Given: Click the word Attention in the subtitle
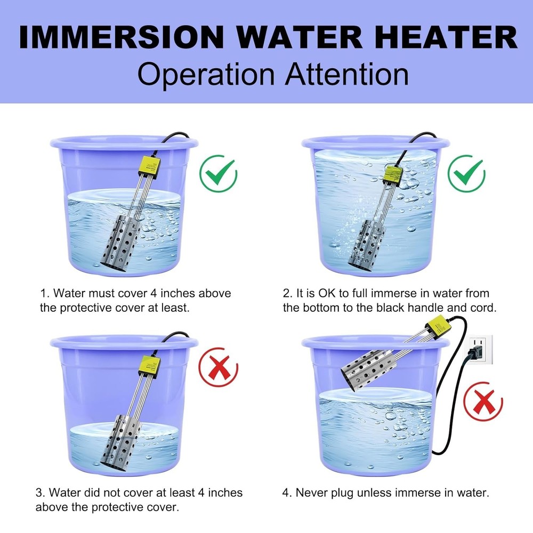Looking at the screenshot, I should [x=346, y=75].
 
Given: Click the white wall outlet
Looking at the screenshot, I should [x=480, y=350].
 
